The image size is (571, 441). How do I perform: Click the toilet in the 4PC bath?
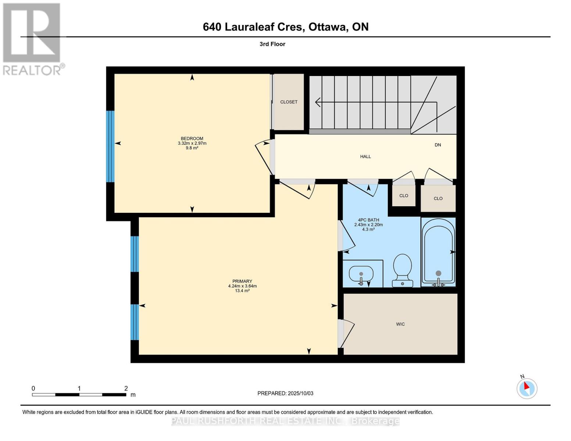402,270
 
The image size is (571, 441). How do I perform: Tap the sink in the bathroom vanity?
361,274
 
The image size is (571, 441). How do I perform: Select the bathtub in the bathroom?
438,252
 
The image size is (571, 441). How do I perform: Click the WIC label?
400,324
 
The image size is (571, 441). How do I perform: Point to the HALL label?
365,157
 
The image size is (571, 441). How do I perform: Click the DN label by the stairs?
438,145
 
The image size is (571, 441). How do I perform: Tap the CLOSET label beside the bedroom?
289,102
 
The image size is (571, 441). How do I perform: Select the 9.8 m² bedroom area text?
192,148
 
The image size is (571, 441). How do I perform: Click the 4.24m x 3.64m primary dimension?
242,286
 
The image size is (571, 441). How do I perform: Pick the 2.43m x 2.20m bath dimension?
368,225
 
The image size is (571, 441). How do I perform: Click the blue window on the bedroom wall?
110,146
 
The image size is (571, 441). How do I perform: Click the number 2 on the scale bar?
126,388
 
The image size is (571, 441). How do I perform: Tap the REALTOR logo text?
32,70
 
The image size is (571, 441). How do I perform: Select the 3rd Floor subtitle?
272,44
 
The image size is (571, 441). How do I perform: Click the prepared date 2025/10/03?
300,393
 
